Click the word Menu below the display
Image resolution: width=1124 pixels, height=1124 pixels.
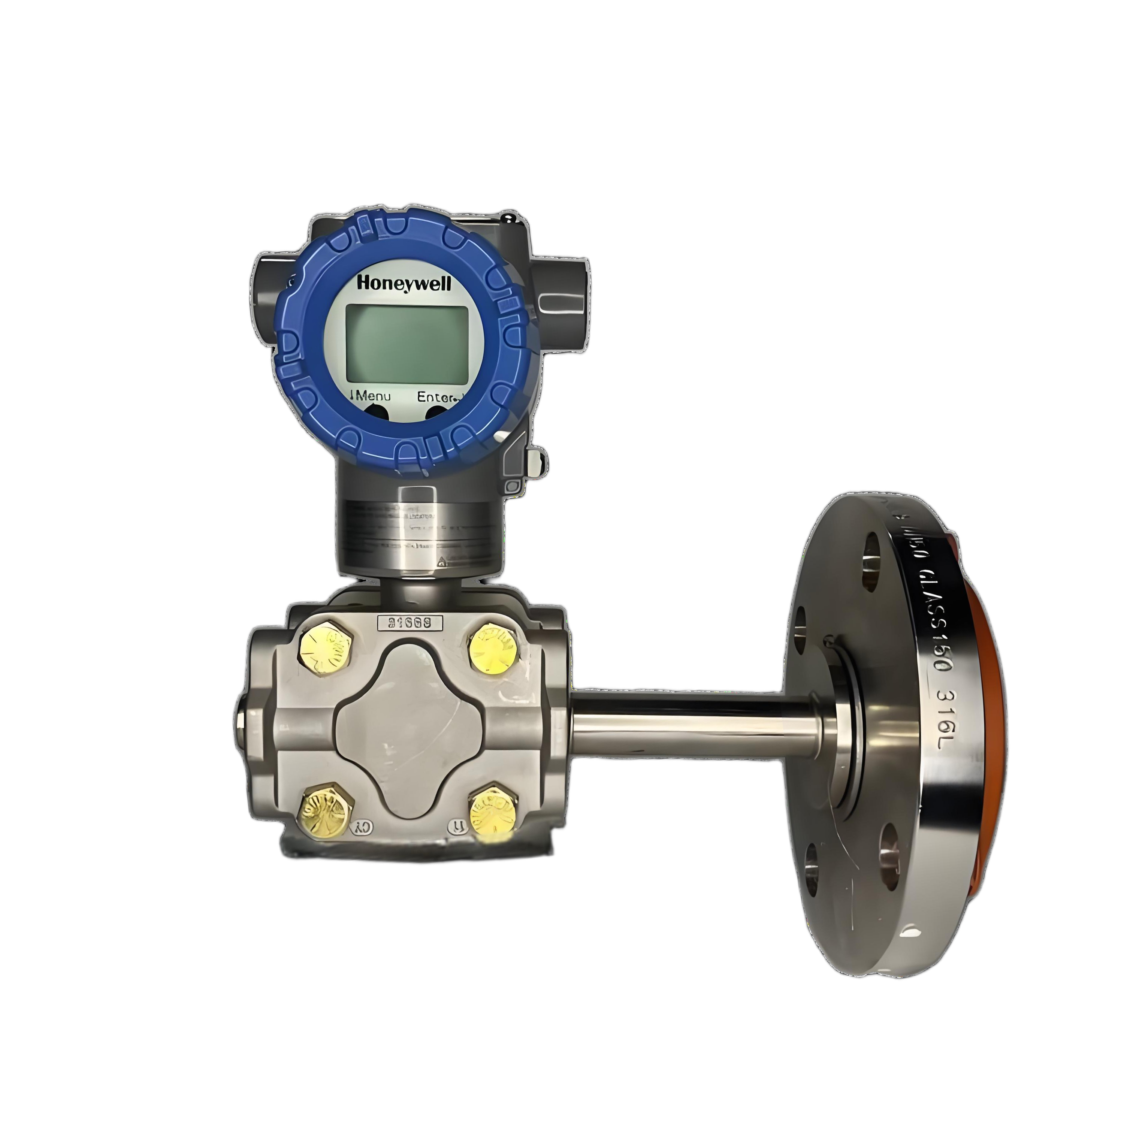tap(372, 397)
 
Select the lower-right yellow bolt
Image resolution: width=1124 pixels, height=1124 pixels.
tap(493, 810)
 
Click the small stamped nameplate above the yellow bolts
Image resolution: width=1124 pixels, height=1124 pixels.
tap(410, 622)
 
